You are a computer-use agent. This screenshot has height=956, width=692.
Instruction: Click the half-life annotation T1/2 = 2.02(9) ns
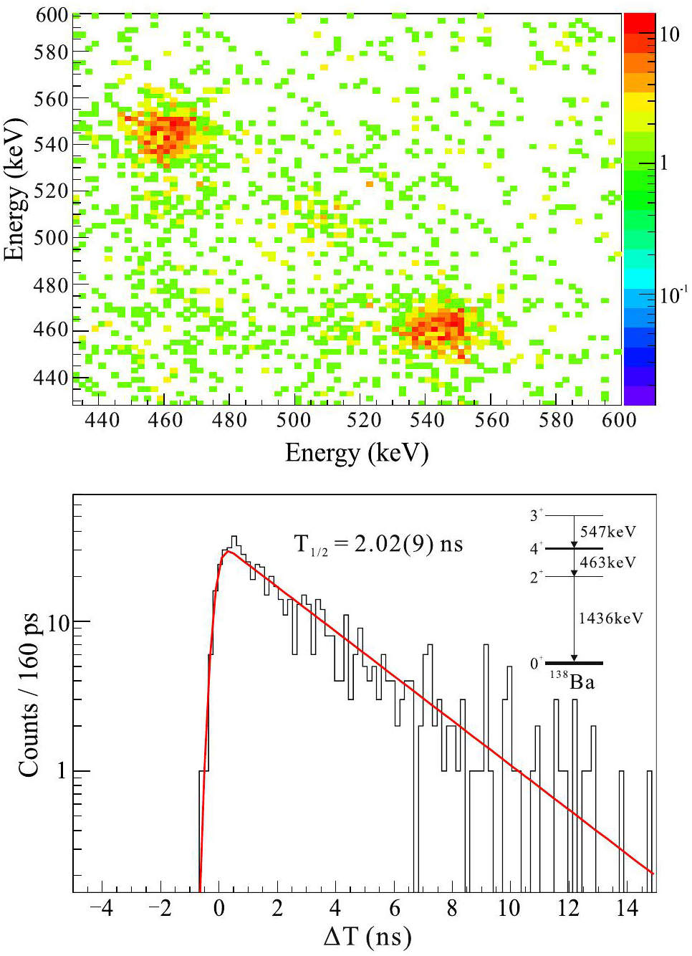(x=378, y=545)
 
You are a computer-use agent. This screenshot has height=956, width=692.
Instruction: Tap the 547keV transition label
(x=607, y=532)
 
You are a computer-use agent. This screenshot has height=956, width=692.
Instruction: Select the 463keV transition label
(x=607, y=563)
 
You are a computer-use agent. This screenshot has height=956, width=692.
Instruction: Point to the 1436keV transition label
(x=610, y=618)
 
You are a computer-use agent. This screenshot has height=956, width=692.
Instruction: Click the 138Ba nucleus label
(x=573, y=681)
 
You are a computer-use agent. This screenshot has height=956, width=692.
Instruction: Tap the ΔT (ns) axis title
(x=367, y=936)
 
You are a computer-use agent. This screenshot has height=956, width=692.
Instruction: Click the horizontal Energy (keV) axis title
(x=356, y=453)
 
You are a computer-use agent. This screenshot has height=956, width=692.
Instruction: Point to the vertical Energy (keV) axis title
(x=14, y=189)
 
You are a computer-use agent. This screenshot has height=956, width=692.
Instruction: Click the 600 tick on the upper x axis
(x=619, y=420)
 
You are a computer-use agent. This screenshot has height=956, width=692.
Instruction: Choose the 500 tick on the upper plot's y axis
(x=51, y=238)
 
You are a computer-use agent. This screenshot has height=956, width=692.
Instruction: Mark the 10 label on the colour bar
(x=669, y=34)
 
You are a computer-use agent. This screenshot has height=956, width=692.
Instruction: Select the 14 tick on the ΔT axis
(x=626, y=909)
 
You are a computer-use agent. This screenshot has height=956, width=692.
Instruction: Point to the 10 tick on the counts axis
(x=59, y=623)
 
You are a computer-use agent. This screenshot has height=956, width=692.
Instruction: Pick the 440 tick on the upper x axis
(x=102, y=420)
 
